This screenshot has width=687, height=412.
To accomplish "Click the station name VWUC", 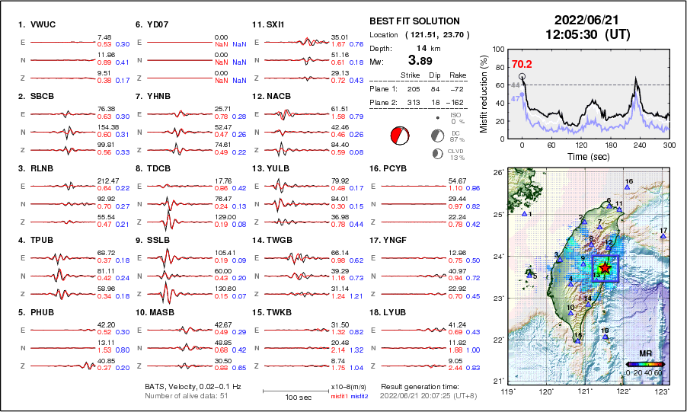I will (x=43, y=24).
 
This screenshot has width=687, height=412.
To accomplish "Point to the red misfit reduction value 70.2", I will (x=522, y=65).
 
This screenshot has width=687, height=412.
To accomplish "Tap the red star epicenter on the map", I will (x=605, y=267).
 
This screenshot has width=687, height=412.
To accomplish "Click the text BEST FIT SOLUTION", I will (x=414, y=21).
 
